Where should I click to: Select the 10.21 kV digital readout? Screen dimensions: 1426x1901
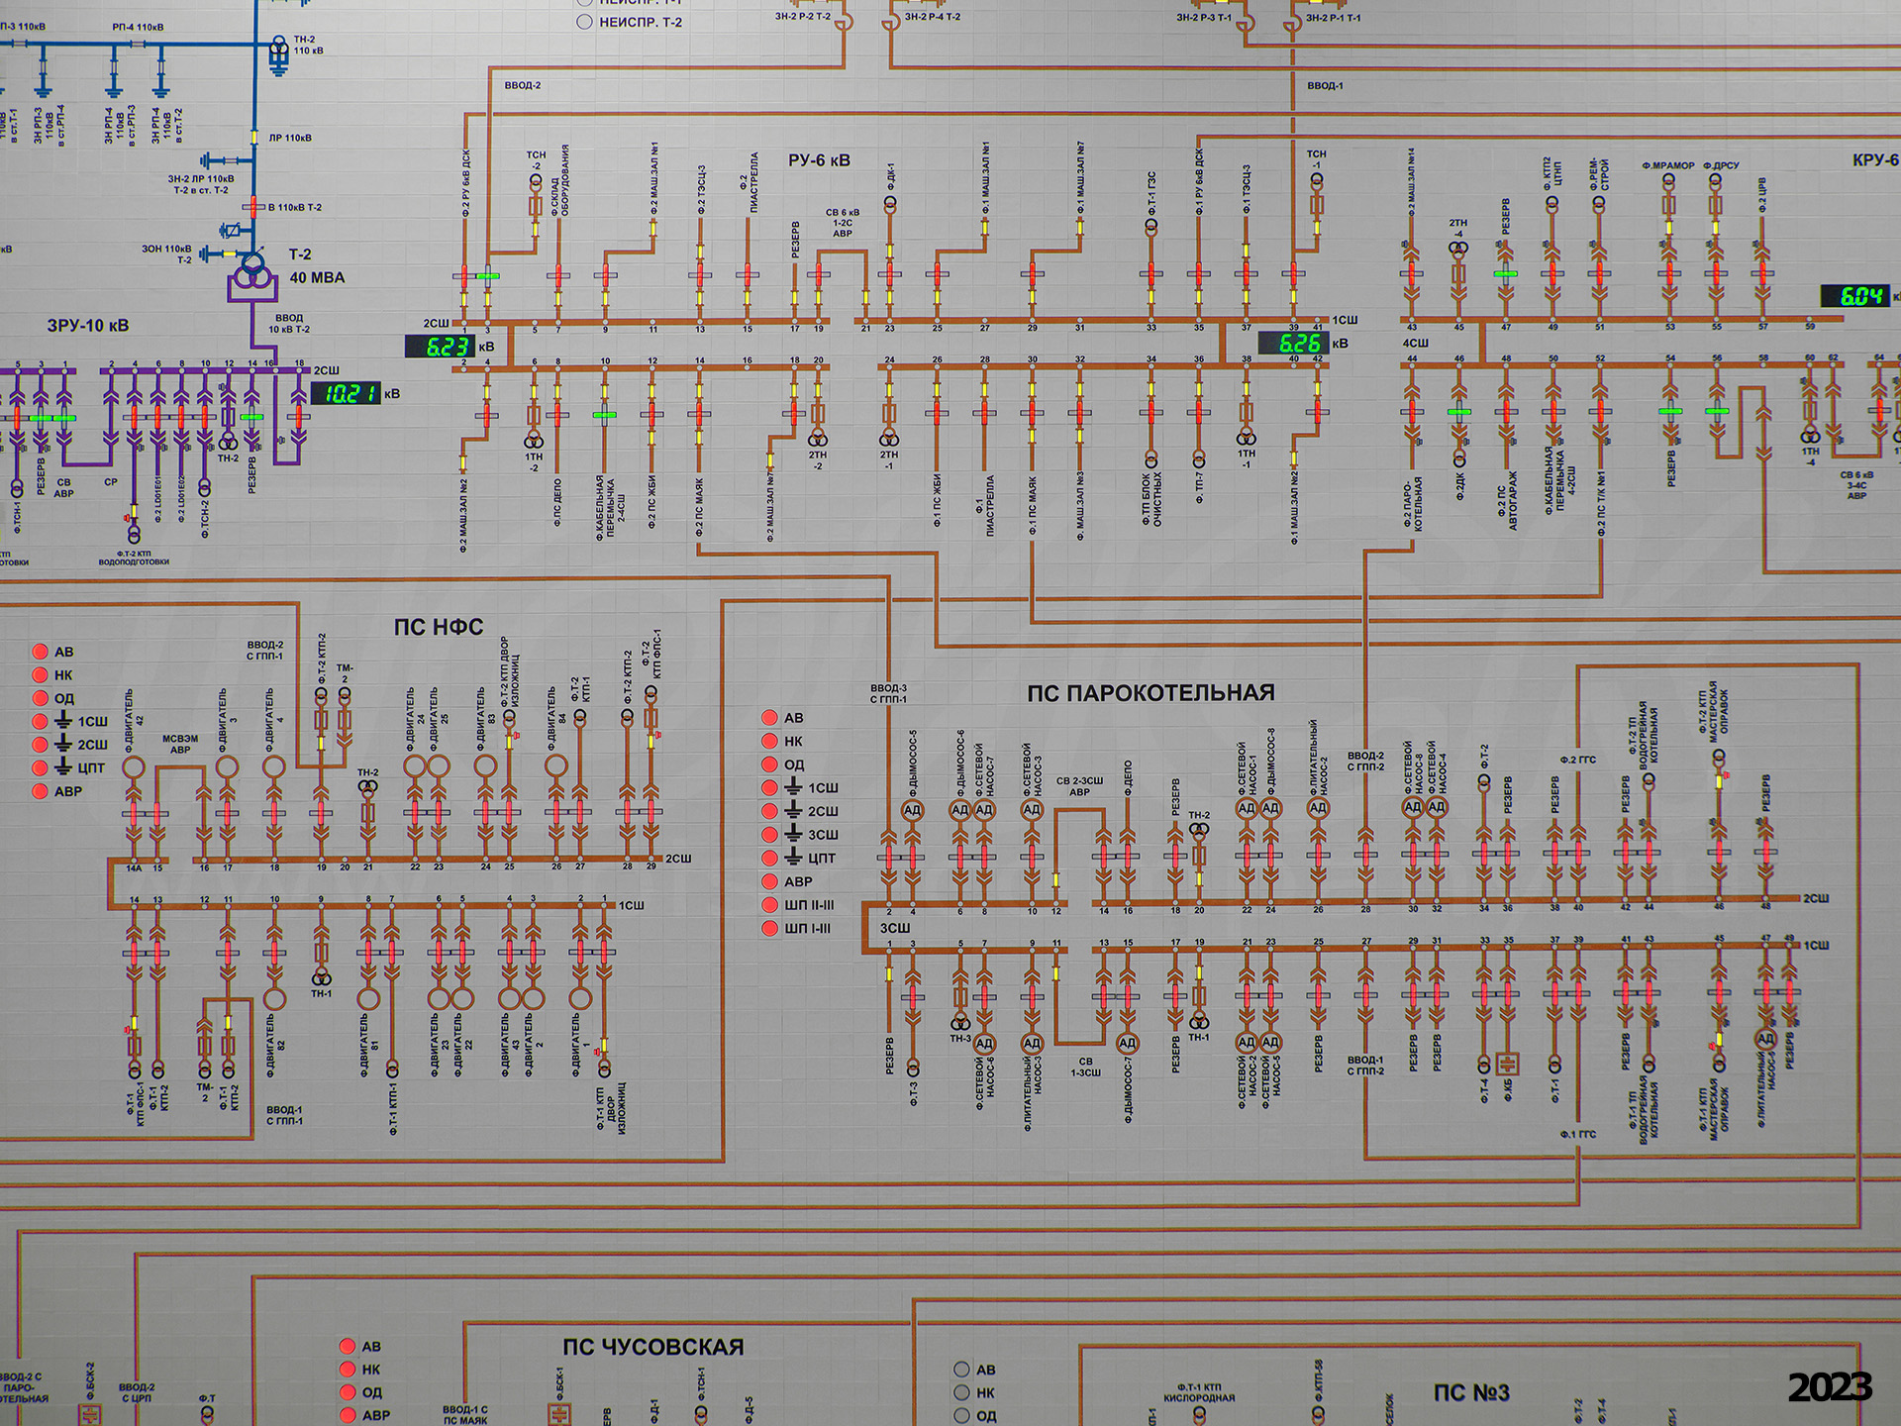(x=346, y=394)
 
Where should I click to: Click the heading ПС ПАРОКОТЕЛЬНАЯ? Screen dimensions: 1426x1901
(x=1150, y=693)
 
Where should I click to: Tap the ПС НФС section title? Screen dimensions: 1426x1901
(x=438, y=627)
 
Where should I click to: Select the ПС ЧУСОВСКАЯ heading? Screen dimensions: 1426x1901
(x=652, y=1347)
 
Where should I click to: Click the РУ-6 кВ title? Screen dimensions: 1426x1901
(x=819, y=160)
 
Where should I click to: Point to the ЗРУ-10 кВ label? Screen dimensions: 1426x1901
(x=88, y=326)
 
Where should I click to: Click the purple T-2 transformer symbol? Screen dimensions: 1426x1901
(x=252, y=272)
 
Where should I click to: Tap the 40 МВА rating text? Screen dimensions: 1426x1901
(x=317, y=278)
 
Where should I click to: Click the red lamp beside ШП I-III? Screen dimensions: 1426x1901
(x=769, y=929)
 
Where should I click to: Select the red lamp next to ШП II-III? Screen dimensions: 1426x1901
(x=769, y=905)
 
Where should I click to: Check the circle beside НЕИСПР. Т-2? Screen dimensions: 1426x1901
(x=584, y=22)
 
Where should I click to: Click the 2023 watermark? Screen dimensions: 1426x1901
(x=1829, y=1387)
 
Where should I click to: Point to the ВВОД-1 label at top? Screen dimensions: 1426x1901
(x=1325, y=86)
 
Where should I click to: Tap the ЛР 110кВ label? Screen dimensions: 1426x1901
(x=290, y=139)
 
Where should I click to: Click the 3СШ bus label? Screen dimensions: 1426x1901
(x=895, y=928)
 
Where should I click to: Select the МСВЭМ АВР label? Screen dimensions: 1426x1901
(x=180, y=744)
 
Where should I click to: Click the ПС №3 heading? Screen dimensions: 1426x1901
(x=1471, y=1392)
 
